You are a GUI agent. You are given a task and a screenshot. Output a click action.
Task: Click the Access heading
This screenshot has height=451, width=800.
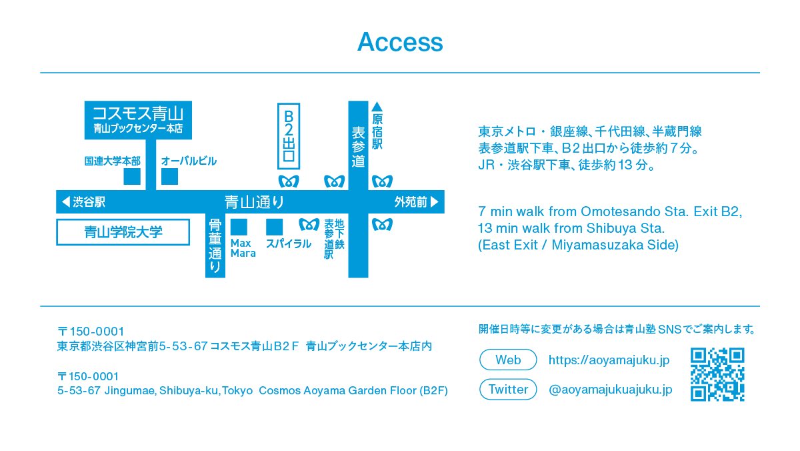[x=400, y=42]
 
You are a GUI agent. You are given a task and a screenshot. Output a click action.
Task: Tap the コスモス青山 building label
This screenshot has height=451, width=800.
[x=139, y=111]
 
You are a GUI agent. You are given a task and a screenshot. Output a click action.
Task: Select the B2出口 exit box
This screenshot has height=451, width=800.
[x=289, y=135]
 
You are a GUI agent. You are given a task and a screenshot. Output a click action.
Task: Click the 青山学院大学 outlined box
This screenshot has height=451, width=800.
[x=123, y=232]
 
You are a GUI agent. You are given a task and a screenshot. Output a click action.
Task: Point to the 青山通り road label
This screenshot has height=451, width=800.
[x=254, y=201]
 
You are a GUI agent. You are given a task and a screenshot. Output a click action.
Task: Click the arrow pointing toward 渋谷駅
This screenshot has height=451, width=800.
[x=65, y=201]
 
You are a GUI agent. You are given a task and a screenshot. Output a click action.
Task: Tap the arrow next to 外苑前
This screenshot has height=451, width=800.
[x=435, y=201]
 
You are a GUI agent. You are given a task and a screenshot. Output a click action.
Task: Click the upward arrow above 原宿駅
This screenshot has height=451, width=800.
[x=377, y=106]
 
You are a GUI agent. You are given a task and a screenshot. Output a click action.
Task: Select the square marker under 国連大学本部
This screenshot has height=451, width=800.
[x=132, y=176]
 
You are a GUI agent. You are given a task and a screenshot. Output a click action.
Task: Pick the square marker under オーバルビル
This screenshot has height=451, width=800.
[x=170, y=176]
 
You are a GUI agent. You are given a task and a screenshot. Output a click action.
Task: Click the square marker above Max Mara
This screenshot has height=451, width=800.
[x=239, y=227]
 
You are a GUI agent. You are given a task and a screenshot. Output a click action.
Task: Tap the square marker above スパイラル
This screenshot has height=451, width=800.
[x=274, y=227]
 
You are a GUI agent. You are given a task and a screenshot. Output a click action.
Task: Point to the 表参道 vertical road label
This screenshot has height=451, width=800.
[x=358, y=147]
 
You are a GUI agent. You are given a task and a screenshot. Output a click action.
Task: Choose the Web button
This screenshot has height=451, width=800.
[x=508, y=360]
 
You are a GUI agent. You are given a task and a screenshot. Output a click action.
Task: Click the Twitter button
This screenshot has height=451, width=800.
[x=508, y=389]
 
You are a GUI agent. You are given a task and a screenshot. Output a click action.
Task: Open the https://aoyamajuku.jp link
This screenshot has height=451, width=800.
[x=609, y=360]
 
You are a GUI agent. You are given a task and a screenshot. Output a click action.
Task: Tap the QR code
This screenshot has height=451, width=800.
[x=717, y=374]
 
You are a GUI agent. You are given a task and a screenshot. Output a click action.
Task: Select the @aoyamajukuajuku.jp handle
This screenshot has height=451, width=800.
[x=610, y=390]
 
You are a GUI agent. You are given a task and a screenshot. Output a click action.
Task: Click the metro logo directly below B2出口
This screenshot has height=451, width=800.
[x=288, y=181]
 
